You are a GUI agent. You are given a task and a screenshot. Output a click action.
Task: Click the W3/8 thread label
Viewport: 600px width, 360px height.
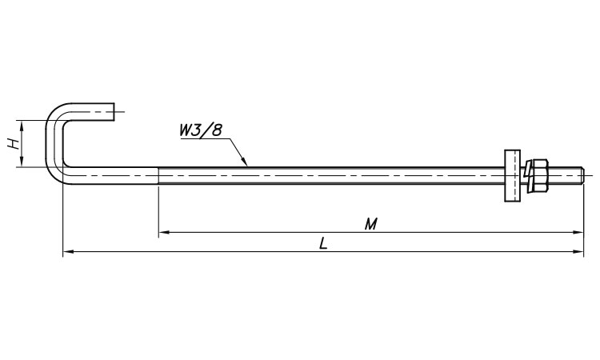coord(201,130)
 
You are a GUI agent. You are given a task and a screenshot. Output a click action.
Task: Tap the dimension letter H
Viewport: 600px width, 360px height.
coord(14,144)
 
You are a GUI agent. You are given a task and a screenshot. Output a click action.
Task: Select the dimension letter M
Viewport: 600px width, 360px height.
coord(370,224)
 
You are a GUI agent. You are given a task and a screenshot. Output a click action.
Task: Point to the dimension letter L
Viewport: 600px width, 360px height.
coord(324,243)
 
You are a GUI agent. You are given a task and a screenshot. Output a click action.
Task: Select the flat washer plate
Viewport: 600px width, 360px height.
coord(513,176)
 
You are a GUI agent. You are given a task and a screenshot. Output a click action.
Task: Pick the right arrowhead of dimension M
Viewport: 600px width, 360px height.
coord(578,232)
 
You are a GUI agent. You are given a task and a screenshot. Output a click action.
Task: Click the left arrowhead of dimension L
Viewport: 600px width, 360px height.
coord(68,252)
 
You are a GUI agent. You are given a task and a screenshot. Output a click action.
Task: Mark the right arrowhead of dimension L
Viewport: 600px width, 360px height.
coord(578,252)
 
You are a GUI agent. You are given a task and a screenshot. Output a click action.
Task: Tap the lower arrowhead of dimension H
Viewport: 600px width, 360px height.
coord(22,162)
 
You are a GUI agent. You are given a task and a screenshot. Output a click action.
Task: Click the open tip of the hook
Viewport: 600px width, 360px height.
coord(114,112)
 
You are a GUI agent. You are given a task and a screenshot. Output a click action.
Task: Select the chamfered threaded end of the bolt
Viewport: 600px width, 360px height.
coord(582,176)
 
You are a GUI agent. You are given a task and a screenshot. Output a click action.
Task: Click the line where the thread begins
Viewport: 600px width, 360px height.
coord(158,176)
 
